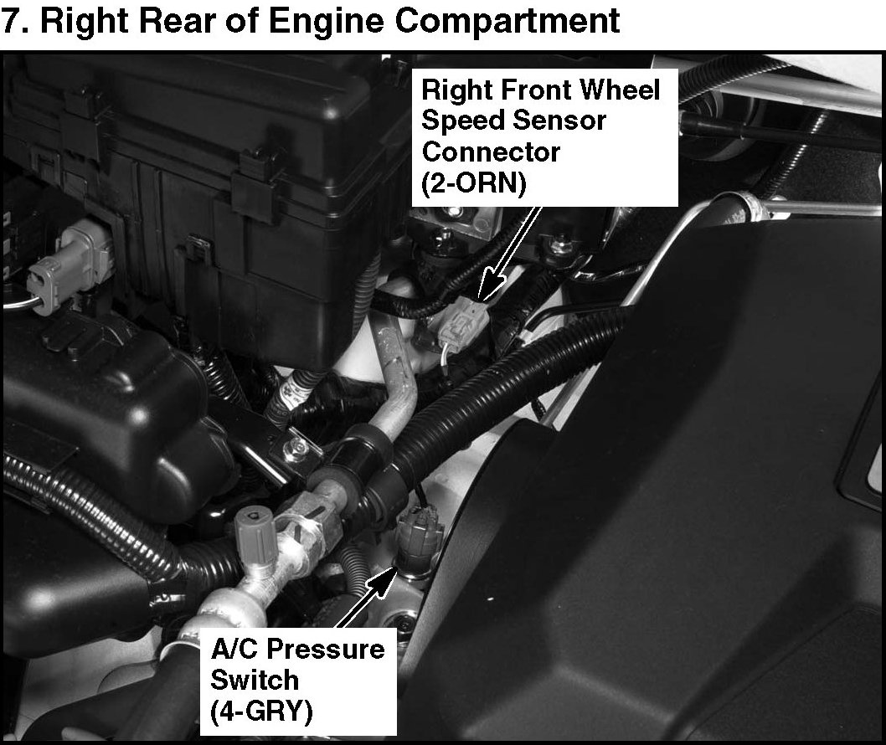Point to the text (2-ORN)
point(473,182)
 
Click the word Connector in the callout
point(491,152)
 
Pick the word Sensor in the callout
point(569,121)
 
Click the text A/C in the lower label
point(234,650)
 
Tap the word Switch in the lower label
point(255,680)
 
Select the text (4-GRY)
point(261,712)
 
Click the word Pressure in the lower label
point(326,650)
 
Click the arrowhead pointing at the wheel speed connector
point(491,286)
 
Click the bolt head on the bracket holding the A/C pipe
point(297,449)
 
